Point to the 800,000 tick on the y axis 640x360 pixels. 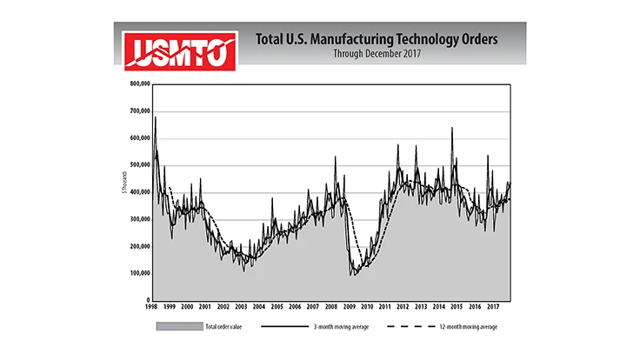tap(140, 84)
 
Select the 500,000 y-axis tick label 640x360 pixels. tap(140, 165)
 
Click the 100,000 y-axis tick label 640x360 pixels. tap(140, 273)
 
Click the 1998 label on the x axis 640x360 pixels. tap(151, 307)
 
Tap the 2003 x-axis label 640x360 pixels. tap(241, 307)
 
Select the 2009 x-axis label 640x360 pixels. tap(349, 307)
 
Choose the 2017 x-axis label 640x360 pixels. tap(492, 307)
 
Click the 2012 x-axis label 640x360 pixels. tap(403, 307)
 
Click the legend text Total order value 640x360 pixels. tap(223, 327)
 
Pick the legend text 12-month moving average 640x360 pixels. tap(469, 327)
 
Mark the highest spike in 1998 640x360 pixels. tap(155, 117)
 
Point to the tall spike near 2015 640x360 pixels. tap(452, 129)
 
